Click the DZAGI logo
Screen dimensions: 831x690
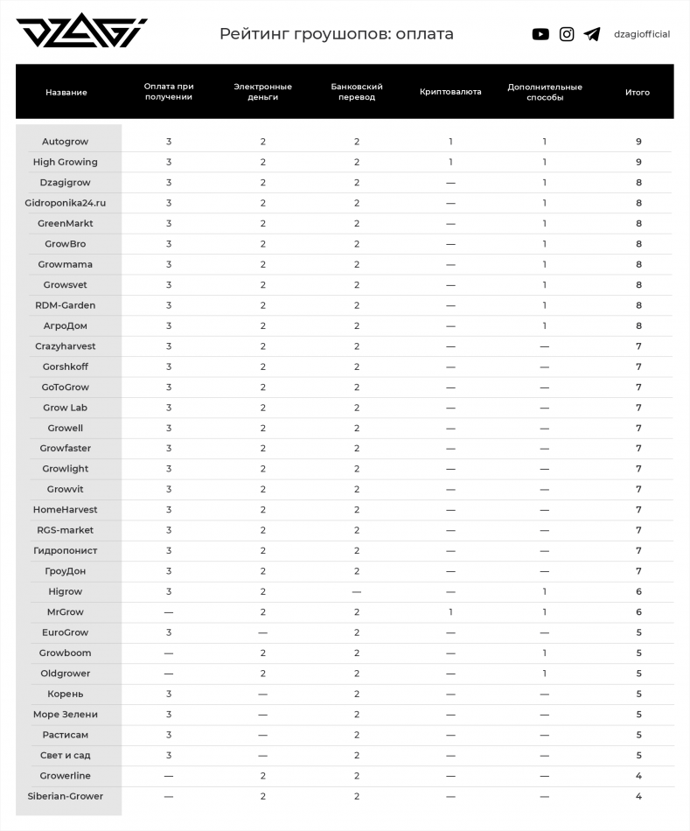[x=81, y=33]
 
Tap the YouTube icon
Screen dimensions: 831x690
[x=540, y=34]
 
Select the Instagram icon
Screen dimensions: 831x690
[x=567, y=34]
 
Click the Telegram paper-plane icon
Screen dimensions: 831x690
[x=592, y=34]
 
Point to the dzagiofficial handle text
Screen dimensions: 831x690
[x=642, y=34]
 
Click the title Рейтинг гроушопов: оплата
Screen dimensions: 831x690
[x=336, y=34]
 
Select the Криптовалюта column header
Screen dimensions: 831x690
[x=450, y=92]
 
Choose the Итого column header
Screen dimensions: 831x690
[x=638, y=92]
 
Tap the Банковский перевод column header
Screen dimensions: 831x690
[x=357, y=92]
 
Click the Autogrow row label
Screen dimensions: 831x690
[x=66, y=142]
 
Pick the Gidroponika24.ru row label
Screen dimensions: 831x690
[x=66, y=203]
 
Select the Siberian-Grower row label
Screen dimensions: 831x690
[x=66, y=796]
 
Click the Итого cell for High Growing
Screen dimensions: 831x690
[x=638, y=162]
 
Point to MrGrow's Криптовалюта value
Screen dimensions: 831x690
[x=450, y=612]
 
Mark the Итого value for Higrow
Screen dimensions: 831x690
[x=638, y=592]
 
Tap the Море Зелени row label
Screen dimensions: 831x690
[x=66, y=715]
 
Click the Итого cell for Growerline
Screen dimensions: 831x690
[x=638, y=776]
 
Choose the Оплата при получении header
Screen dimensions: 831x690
[x=169, y=92]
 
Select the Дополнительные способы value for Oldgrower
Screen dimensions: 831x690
[x=544, y=674]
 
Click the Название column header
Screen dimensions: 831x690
[x=66, y=92]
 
